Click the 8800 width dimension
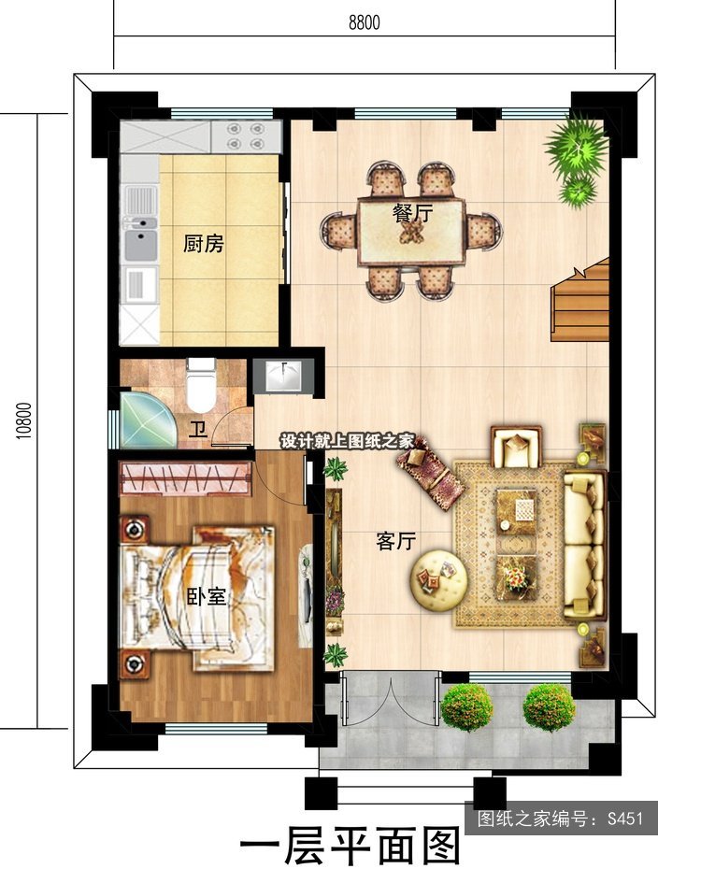tap(364, 22)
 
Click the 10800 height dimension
tap(24, 420)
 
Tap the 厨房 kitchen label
tap(204, 244)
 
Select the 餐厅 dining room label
tap(412, 213)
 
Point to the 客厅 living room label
tap(395, 541)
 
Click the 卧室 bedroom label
tap(207, 596)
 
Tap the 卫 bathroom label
tap(198, 430)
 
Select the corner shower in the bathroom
tap(143, 420)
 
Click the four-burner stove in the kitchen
tap(246, 136)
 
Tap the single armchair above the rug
tap(516, 447)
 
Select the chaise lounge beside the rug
tap(431, 472)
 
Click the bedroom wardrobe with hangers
tap(185, 477)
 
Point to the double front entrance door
tap(390, 698)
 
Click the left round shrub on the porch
tap(467, 707)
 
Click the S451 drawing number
tap(624, 818)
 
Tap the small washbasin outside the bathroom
tap(283, 376)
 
